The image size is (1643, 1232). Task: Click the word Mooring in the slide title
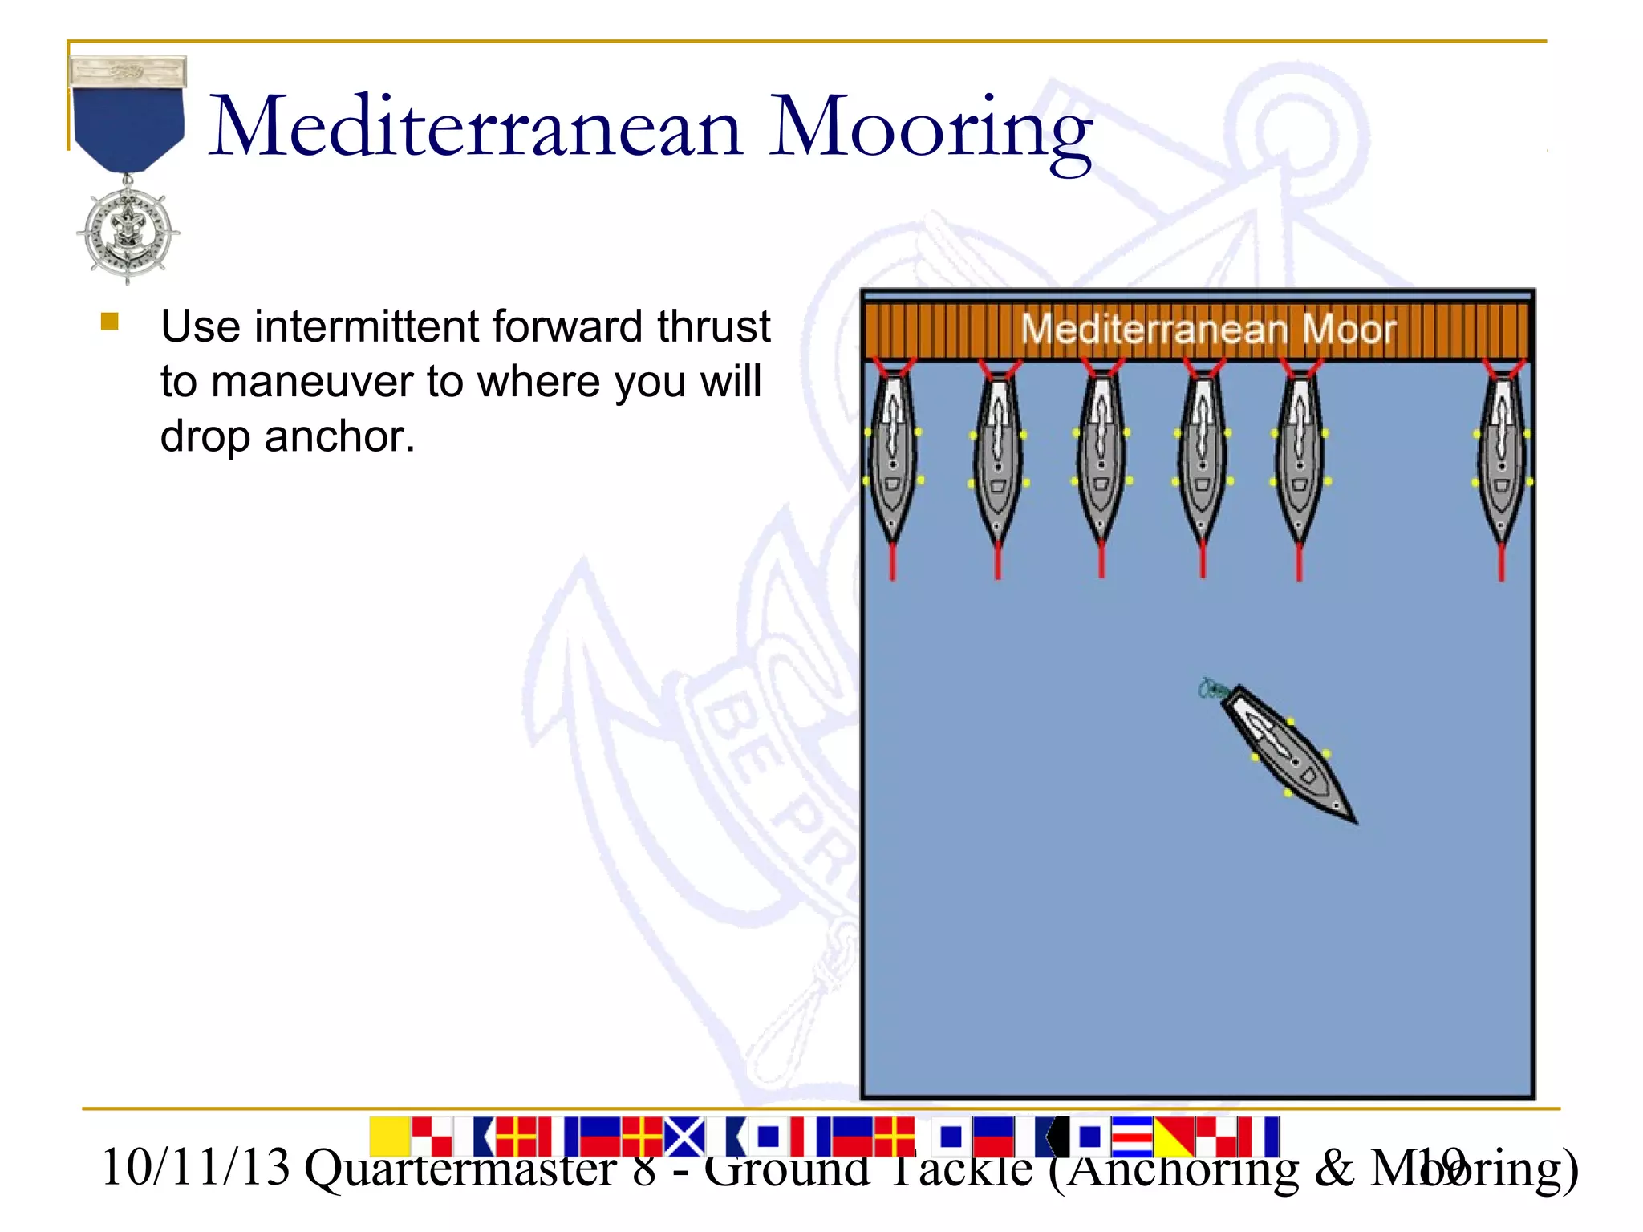931,128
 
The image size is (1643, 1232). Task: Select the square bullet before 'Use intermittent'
110,322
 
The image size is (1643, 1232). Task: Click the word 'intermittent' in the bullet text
369,327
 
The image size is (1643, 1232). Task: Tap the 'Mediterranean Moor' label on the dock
1207,330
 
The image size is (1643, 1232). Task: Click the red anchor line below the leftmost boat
892,561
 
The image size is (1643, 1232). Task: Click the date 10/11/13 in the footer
195,1168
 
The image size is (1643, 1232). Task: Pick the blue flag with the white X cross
684,1136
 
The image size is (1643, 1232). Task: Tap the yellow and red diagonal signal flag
1174,1136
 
